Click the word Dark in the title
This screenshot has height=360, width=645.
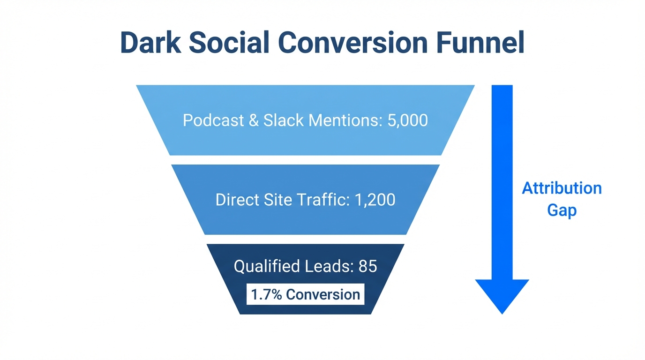point(150,43)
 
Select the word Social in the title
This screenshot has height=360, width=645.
point(228,43)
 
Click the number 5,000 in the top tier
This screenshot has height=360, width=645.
point(407,120)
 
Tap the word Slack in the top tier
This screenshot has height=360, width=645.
point(283,120)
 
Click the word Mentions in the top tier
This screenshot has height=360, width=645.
point(344,120)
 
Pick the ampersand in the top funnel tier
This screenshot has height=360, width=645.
point(254,120)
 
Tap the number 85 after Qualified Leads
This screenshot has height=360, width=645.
point(367,266)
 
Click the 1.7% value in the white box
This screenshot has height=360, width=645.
point(266,294)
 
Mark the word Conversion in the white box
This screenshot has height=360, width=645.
point(323,294)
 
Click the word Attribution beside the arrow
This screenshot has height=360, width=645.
point(562,188)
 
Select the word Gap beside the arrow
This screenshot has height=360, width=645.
point(562,210)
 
